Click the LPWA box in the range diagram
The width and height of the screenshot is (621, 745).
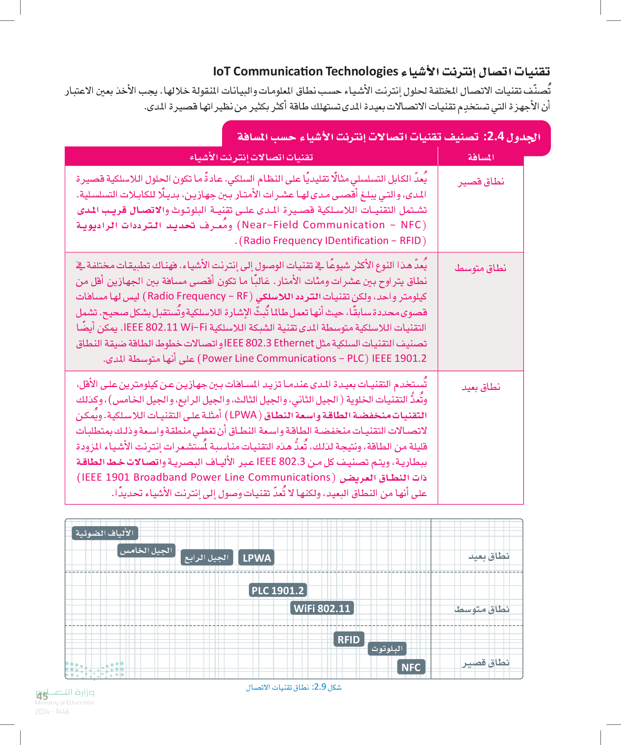click(256, 558)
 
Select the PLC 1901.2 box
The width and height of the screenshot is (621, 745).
click(278, 590)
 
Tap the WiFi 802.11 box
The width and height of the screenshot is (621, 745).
click(322, 608)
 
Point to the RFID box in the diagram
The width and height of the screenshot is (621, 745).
click(349, 639)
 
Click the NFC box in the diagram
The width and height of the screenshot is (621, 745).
click(411, 667)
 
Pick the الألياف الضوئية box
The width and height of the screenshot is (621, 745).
click(105, 533)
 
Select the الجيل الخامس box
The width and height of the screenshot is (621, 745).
click(146, 550)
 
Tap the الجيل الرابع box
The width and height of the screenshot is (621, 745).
click(207, 558)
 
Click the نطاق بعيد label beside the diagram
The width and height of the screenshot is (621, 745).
click(489, 556)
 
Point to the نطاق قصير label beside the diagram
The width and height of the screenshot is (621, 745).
click(485, 663)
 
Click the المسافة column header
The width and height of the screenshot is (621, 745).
click(481, 157)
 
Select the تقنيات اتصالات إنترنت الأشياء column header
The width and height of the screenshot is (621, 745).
click(252, 157)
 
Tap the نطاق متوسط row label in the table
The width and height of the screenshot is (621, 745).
click(480, 268)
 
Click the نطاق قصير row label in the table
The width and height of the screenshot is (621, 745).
click(481, 182)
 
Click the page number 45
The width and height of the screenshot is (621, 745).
click(42, 696)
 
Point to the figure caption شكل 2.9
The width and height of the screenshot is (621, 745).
click(294, 687)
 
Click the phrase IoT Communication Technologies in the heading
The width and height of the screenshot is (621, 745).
click(305, 71)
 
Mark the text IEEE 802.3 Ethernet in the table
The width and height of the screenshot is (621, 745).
click(269, 343)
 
